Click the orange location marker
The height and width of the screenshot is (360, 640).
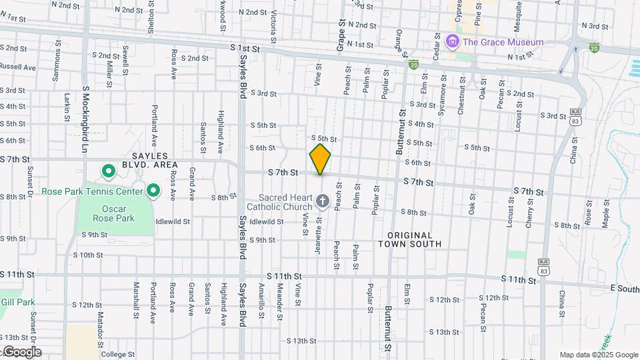320,159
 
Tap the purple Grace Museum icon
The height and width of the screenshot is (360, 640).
453,42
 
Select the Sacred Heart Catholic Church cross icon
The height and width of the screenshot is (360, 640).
323,201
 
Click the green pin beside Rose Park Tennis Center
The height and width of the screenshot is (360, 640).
153,191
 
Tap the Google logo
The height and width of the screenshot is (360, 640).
21,352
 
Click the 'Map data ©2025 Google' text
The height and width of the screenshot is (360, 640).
599,355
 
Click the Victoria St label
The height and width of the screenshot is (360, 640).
274,22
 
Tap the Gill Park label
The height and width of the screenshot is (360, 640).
18,302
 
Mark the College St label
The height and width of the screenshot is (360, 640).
118,354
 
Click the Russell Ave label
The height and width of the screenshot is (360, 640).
18,67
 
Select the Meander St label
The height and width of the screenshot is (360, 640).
281,300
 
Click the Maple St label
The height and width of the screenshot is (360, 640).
606,213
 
